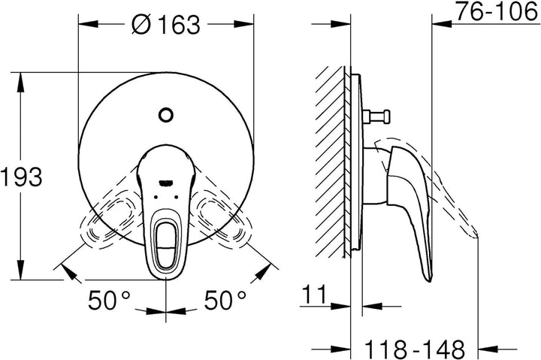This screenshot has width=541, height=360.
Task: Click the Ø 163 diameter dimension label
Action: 166,25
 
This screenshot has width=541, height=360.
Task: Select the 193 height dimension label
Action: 21,177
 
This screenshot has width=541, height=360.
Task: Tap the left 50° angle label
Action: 110,300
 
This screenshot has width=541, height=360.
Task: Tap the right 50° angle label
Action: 225,300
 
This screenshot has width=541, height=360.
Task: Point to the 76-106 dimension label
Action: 497,11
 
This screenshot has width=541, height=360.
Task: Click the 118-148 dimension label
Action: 415,349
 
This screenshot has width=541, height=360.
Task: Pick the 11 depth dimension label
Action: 314,295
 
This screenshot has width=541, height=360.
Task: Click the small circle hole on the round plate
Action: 165,115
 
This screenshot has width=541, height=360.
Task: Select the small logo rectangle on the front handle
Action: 165,182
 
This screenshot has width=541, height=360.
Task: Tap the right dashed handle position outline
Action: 222,221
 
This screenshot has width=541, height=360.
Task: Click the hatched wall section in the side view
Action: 330,162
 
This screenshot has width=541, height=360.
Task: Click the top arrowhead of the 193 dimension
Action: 21,82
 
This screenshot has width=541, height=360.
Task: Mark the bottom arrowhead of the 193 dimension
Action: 21,270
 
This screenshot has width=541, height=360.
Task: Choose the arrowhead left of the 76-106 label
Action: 442,24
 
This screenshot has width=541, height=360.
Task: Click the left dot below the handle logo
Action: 156,197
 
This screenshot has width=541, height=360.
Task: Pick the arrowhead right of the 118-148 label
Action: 488,349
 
